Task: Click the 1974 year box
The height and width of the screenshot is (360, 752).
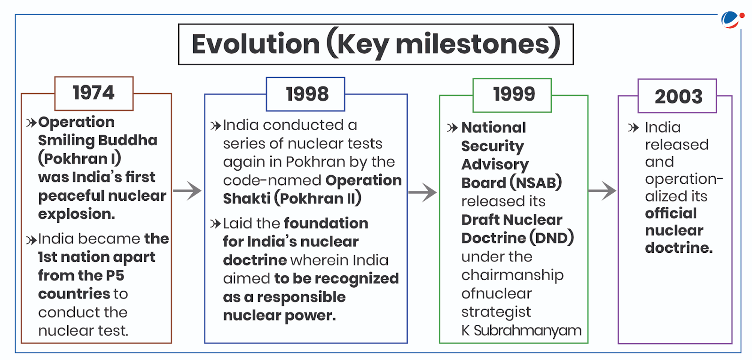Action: (94, 93)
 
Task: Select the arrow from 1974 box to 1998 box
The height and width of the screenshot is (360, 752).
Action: (188, 190)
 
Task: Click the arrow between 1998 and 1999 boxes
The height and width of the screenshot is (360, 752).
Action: (423, 192)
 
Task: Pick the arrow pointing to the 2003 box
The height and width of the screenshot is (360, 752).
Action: (602, 190)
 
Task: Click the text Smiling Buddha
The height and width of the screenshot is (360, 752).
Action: (98, 140)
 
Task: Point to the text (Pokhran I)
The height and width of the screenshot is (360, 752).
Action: (79, 158)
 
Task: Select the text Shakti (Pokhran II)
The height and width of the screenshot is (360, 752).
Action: (292, 198)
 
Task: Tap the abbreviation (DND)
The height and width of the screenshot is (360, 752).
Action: (551, 238)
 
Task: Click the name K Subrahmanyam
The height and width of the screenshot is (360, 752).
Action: (521, 330)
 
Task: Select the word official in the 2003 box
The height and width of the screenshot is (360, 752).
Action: (671, 213)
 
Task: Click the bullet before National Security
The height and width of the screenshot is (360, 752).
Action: (452, 128)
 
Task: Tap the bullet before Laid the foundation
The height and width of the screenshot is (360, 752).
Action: (215, 223)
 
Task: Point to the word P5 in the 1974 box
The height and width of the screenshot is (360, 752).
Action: (115, 275)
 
